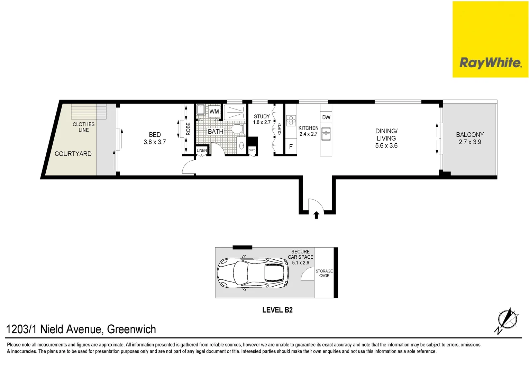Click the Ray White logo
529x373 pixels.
pyautogui.click(x=490, y=63)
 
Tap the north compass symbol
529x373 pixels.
pyautogui.click(x=507, y=320)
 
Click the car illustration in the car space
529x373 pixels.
pyautogui.click(x=253, y=272)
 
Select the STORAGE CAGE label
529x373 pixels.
pyautogui.click(x=324, y=273)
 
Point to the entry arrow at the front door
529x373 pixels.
pyautogui.click(x=316, y=215)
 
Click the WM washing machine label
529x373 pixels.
pyautogui.click(x=214, y=111)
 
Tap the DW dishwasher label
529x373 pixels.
pyautogui.click(x=326, y=117)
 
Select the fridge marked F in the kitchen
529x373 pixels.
pyautogui.click(x=291, y=147)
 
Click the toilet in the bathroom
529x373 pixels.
pyautogui.click(x=237, y=129)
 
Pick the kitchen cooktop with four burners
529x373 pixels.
pyautogui.click(x=291, y=121)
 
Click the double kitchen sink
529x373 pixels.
pyautogui.click(x=326, y=134)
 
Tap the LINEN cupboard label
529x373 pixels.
pyautogui.click(x=202, y=151)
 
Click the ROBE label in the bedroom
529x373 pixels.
pyautogui.click(x=188, y=129)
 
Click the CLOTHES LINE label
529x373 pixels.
pyautogui.click(x=83, y=127)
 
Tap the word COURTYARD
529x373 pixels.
pyautogui.click(x=73, y=154)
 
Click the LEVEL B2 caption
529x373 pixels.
pyautogui.click(x=277, y=310)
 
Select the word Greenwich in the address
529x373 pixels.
pyautogui.click(x=131, y=329)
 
